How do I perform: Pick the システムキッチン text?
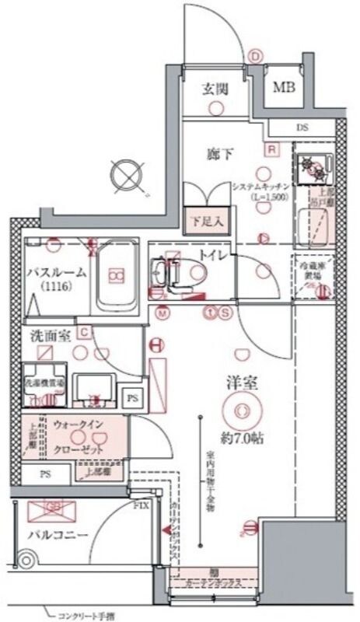tap(261, 187)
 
